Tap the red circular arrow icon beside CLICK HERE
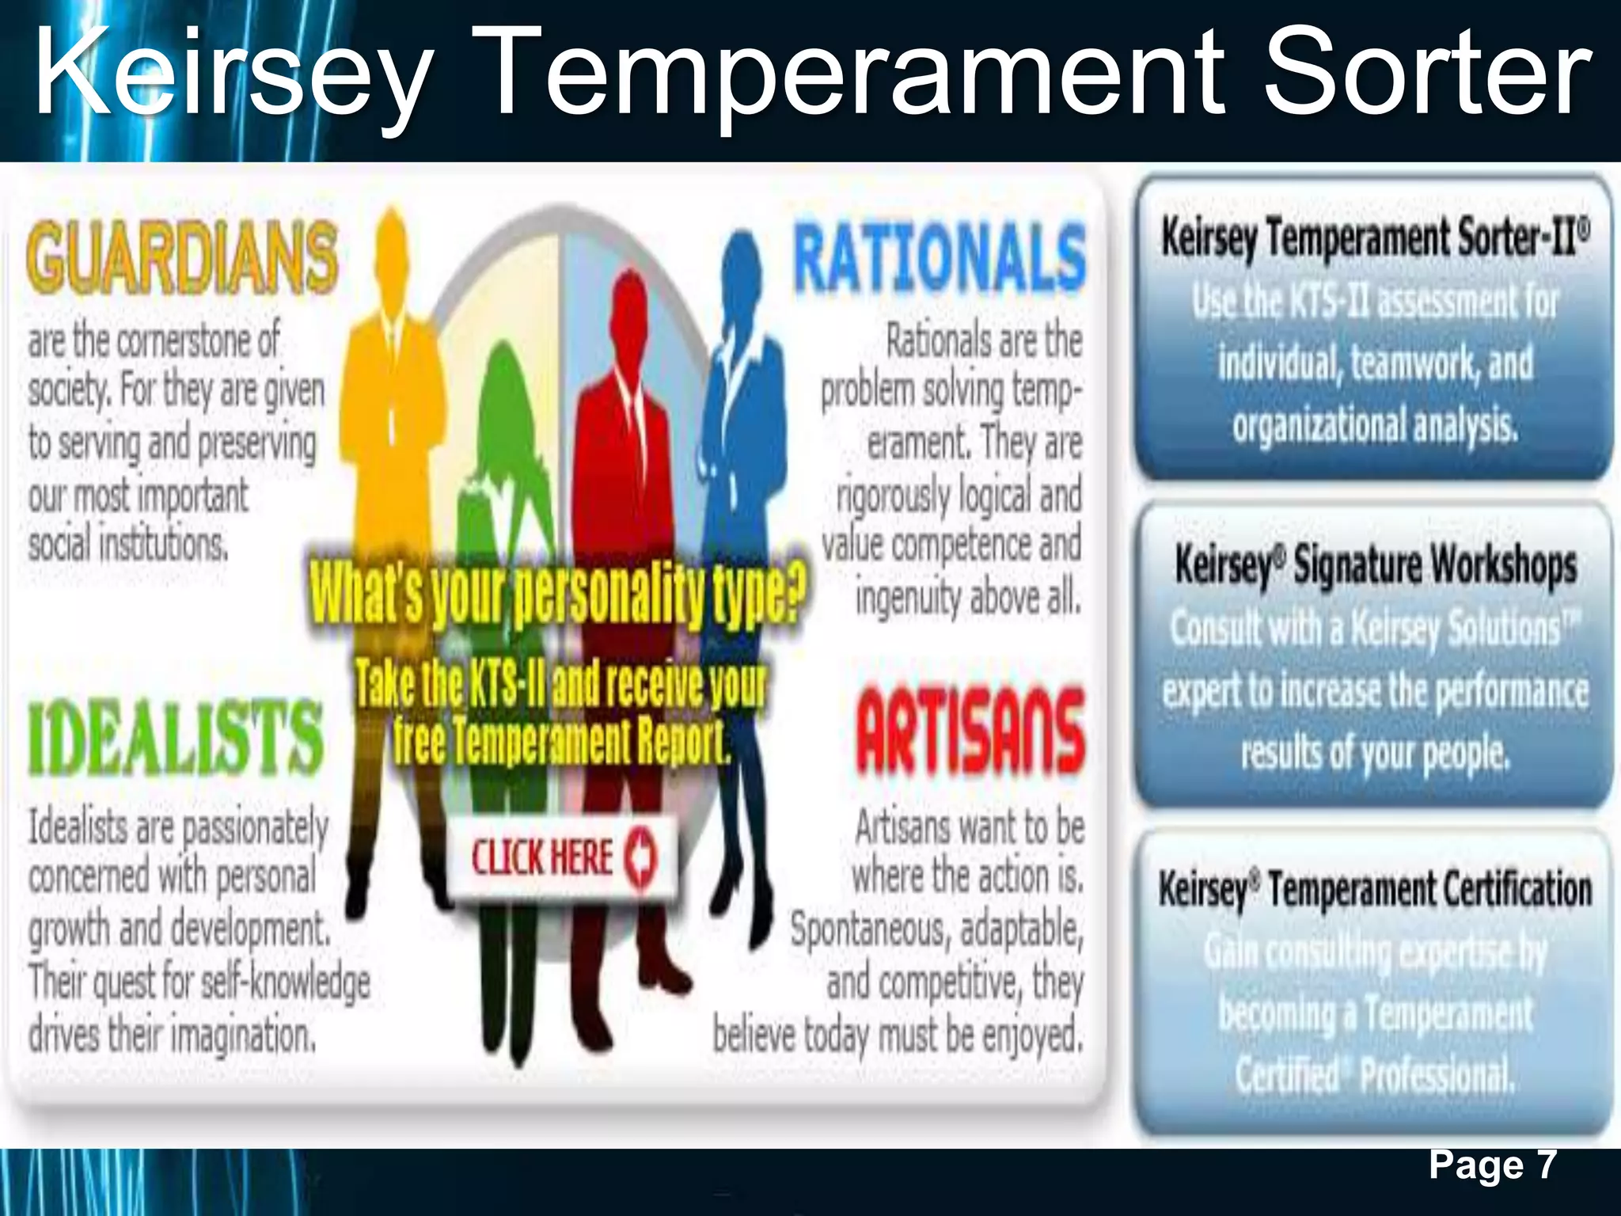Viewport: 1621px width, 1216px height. (640, 857)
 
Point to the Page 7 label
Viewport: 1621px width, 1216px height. (1493, 1165)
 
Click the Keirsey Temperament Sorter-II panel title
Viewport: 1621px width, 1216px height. (1375, 237)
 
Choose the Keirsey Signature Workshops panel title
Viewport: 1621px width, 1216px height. (1375, 565)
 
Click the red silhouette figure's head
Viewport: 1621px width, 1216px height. (629, 305)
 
